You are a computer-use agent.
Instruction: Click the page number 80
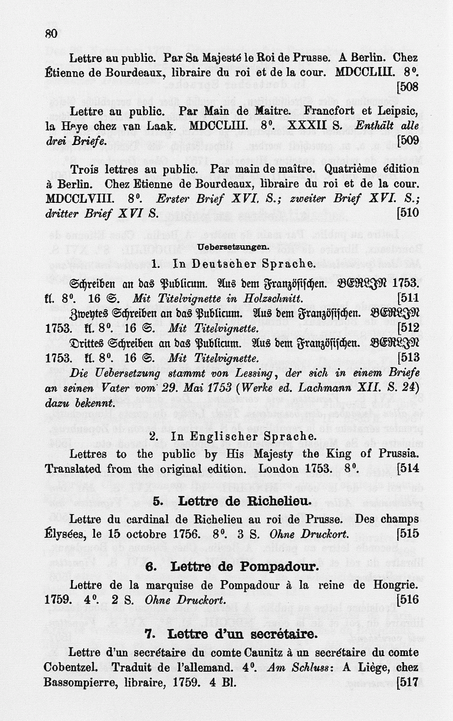[x=51, y=34]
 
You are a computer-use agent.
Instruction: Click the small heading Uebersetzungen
[x=232, y=247]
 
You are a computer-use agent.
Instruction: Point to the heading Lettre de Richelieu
[x=232, y=501]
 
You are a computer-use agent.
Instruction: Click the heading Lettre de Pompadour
[x=232, y=567]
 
